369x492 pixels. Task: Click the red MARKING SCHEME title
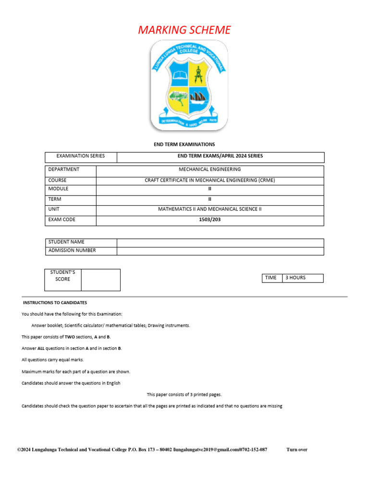point(184,30)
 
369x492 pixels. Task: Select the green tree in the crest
point(177,100)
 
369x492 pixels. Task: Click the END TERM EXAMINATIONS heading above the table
point(184,144)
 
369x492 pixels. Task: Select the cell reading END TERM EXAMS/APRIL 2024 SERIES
point(220,156)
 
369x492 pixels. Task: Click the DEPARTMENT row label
point(64,170)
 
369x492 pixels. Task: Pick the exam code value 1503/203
point(210,220)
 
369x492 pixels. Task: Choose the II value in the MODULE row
point(210,189)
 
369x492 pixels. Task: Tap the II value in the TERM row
point(210,199)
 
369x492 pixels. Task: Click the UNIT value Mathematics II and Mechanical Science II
point(210,209)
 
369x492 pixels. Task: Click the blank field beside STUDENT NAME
point(220,242)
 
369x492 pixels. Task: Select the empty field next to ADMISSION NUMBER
point(220,250)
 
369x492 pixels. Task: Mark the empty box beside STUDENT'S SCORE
point(100,280)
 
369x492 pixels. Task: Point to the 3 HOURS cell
point(303,278)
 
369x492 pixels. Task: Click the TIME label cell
point(271,278)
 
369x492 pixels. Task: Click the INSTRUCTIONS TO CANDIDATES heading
point(55,303)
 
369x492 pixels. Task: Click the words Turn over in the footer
point(296,450)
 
